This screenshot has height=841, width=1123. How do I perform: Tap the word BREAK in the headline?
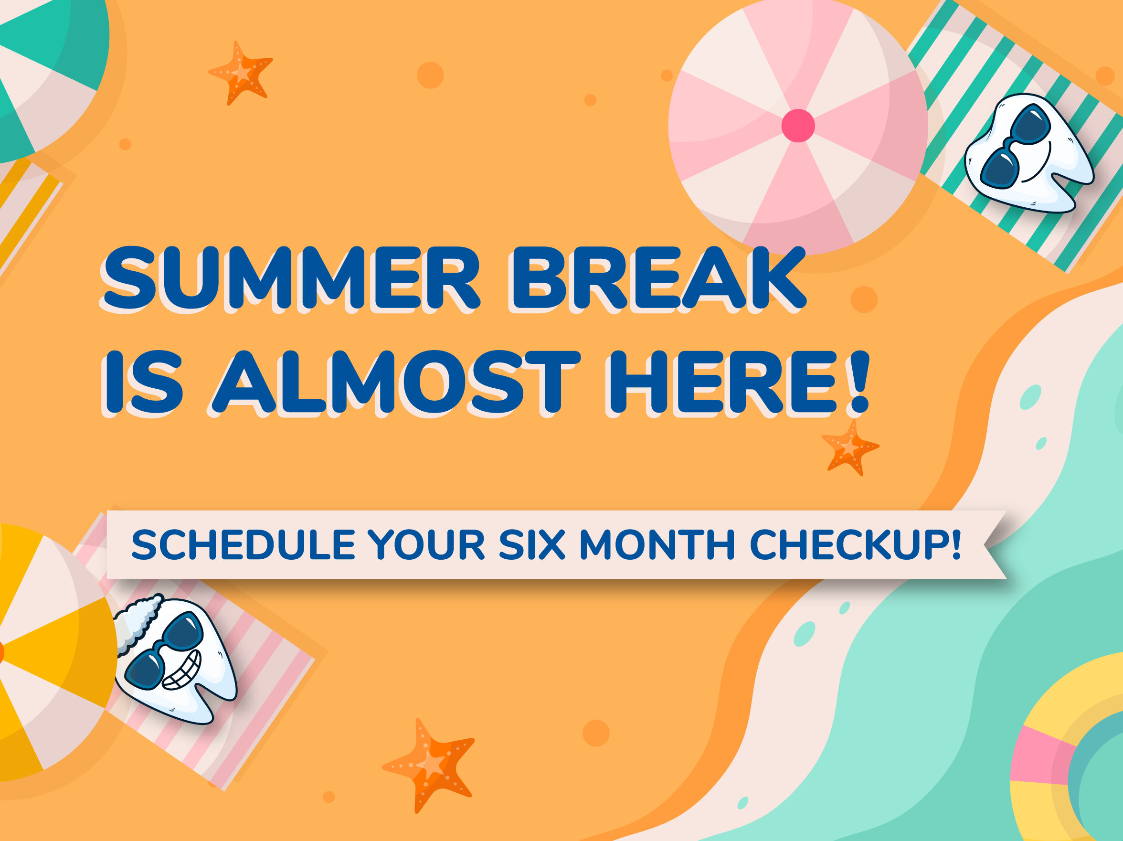tap(659, 278)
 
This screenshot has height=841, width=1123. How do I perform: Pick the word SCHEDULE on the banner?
tap(243, 545)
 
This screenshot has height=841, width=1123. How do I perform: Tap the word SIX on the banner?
tap(532, 545)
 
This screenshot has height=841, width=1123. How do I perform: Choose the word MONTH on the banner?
tap(657, 545)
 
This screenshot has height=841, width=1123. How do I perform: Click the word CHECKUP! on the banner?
tap(856, 545)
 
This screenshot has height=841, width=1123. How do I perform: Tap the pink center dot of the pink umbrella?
tap(798, 126)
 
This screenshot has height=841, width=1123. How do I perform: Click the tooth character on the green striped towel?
tap(1028, 152)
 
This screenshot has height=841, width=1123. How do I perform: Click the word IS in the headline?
tap(143, 382)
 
